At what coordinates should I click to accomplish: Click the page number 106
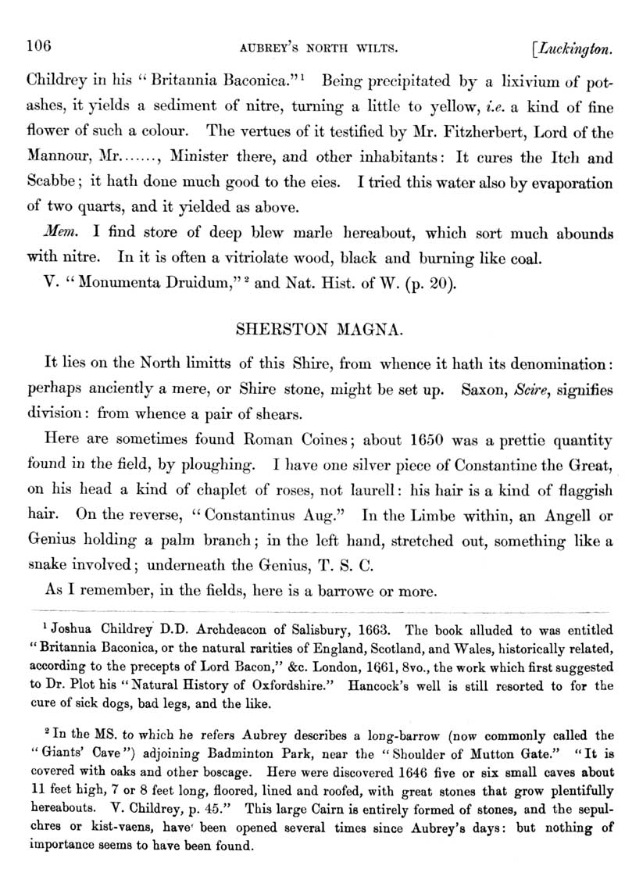click(38, 46)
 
